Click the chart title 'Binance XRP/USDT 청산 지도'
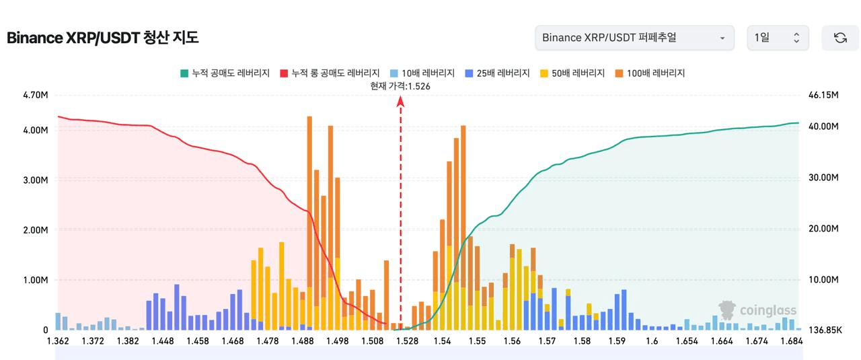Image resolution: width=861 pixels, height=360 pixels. click(102, 38)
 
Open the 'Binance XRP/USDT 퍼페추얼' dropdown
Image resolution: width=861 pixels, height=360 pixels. click(634, 38)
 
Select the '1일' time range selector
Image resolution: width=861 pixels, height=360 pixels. click(778, 38)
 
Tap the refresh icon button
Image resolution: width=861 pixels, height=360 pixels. click(840, 38)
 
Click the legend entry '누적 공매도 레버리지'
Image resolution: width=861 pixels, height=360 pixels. click(226, 73)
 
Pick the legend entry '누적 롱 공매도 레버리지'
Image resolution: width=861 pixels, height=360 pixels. click(330, 73)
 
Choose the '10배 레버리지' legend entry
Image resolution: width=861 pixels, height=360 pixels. click(422, 73)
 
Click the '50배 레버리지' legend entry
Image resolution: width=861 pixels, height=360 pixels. click(572, 73)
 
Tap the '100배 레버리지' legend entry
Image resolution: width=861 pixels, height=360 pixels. click(649, 73)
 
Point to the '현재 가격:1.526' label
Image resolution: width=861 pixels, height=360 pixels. click(400, 86)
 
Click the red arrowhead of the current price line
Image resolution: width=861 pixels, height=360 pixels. click(401, 100)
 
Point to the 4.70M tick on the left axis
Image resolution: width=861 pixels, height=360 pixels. click(36, 95)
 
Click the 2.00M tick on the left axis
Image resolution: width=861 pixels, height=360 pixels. click(36, 230)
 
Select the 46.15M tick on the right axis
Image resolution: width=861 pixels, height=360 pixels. click(823, 95)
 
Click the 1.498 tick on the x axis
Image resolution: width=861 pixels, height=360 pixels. click(337, 341)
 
